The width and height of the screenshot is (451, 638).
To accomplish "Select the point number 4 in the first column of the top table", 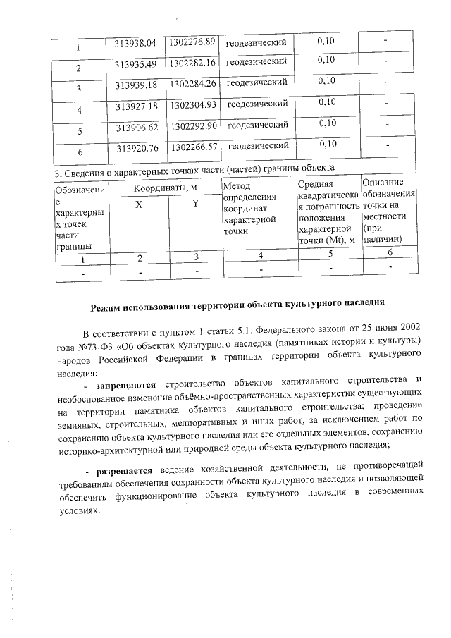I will click(79, 110).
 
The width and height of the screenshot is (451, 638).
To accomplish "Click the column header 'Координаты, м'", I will click(166, 188).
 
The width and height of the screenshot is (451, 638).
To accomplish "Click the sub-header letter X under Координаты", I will click(139, 204).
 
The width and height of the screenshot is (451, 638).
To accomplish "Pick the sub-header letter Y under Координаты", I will click(196, 204).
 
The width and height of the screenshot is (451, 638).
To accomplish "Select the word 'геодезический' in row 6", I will click(259, 146).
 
